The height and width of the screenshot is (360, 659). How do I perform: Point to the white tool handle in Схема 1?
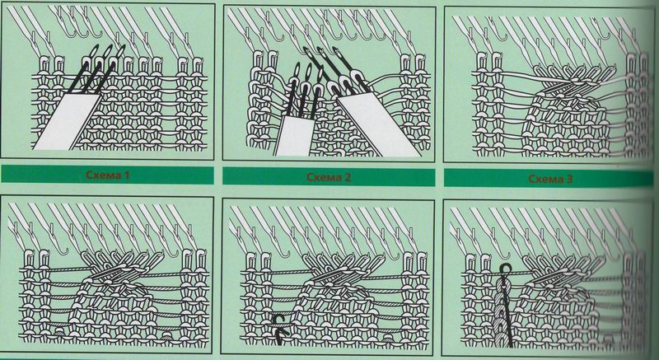tap(68, 121)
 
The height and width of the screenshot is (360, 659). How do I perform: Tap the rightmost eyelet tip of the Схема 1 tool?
tap(121, 50)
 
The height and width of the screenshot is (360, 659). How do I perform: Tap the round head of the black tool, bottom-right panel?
tap(504, 268)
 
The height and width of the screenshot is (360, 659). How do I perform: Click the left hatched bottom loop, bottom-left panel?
tap(59, 333)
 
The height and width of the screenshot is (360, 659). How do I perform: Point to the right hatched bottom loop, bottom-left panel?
tap(168, 334)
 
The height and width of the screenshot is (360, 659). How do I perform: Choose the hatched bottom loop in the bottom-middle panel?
tap(387, 336)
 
